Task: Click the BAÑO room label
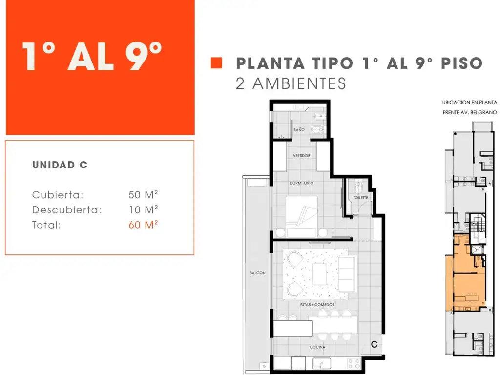click(x=299, y=130)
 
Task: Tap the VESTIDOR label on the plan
click(x=302, y=156)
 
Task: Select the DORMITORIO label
click(x=301, y=183)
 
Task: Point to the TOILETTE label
click(x=361, y=198)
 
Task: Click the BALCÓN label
click(x=258, y=273)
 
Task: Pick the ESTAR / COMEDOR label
click(x=317, y=305)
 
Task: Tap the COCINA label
click(x=317, y=347)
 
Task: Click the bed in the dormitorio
click(x=302, y=216)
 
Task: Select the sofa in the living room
click(x=348, y=273)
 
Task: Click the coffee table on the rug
click(x=320, y=274)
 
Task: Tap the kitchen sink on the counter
click(x=321, y=363)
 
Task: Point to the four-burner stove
click(x=354, y=363)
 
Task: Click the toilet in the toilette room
click(x=359, y=185)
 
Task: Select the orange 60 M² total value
click(x=143, y=224)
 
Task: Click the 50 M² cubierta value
click(x=143, y=194)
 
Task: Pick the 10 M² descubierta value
click(x=144, y=209)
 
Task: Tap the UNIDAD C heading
click(x=60, y=165)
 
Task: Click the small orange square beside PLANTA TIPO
click(x=216, y=63)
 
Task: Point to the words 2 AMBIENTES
click(x=291, y=83)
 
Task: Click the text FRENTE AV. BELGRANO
click(x=470, y=113)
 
